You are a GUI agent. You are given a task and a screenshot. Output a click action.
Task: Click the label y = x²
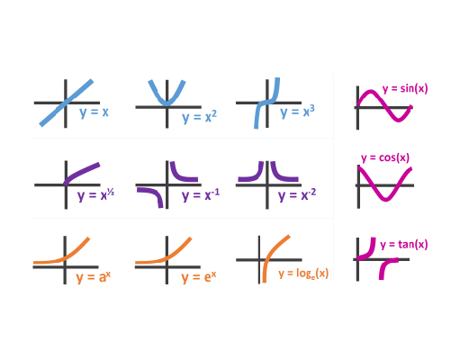[x=199, y=117]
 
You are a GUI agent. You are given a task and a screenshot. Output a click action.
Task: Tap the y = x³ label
[x=297, y=112]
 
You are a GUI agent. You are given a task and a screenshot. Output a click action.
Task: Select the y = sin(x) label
[x=405, y=89]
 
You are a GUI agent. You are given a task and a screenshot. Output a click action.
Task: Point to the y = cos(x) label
[x=385, y=157]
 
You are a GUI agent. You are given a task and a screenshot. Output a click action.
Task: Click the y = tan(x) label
[x=404, y=245]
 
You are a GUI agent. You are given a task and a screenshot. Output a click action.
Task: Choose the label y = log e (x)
[x=303, y=274]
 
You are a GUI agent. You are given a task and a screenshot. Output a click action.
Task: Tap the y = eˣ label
[x=199, y=277]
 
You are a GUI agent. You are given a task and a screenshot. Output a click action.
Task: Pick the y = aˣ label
[x=94, y=277]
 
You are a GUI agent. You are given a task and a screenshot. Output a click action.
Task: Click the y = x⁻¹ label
[x=201, y=195]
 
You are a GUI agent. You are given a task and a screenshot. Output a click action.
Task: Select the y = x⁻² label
[x=297, y=195]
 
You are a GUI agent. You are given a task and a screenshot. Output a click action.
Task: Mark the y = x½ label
[x=95, y=195]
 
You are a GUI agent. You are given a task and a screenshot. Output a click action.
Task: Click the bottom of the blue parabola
[x=167, y=104]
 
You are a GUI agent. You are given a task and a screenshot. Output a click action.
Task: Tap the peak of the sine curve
[x=371, y=92]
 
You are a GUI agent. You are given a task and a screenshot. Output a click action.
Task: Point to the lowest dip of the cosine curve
[x=385, y=199]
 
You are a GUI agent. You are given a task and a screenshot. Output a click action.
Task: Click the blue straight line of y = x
[x=67, y=103]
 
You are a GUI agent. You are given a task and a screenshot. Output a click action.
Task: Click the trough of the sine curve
[x=398, y=121]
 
